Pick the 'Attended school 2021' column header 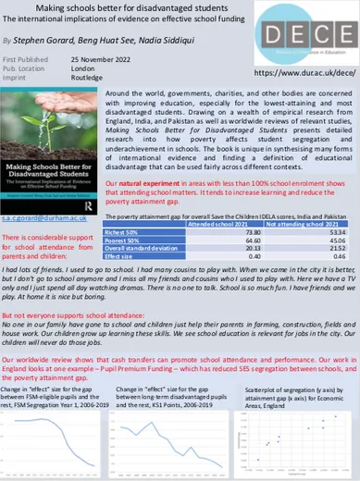pos(216,225)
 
